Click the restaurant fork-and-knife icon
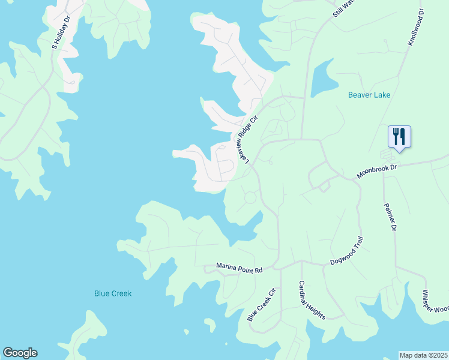(x=399, y=136)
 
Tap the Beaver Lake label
(x=369, y=95)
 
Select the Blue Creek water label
(x=113, y=293)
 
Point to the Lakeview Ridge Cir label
(x=249, y=139)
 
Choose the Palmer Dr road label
(x=390, y=217)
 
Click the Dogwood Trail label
(x=348, y=251)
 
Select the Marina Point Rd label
(x=240, y=270)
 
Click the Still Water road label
(x=344, y=8)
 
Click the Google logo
(x=20, y=353)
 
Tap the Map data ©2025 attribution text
(x=424, y=355)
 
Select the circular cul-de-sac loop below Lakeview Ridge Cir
(x=250, y=197)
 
